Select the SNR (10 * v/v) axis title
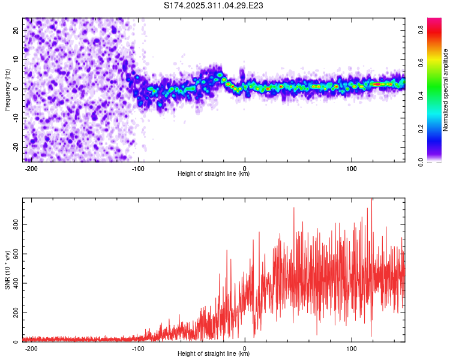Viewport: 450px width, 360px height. coord(7,270)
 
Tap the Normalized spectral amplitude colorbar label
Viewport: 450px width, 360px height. coord(446,90)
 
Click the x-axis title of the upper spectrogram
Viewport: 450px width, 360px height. coord(214,173)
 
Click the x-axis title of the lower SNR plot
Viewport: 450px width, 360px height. coord(214,353)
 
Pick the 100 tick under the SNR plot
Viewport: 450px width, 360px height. coord(352,347)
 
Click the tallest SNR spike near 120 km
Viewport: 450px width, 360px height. coord(371,201)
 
